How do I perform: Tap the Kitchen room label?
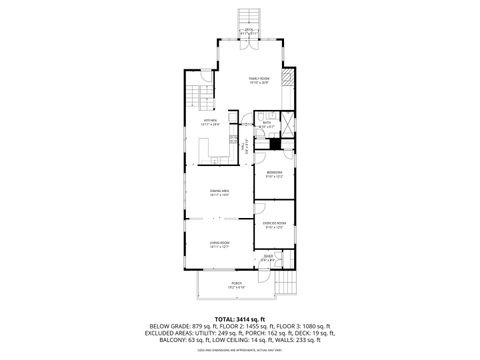[210, 122]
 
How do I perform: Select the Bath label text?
[267, 125]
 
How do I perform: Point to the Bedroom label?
[273, 173]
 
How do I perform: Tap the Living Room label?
[220, 245]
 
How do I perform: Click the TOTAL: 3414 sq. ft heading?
[239, 317]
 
